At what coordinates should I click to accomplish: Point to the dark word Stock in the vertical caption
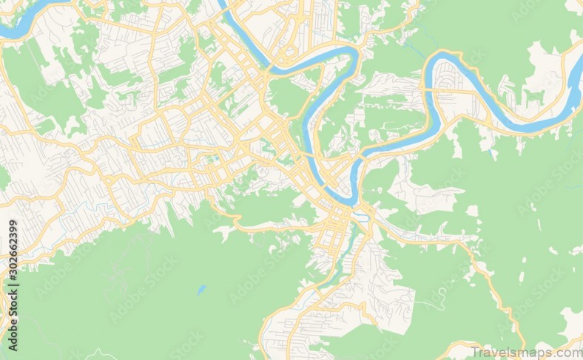(x=12, y=296)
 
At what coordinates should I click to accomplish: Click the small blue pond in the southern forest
(x=201, y=290)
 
